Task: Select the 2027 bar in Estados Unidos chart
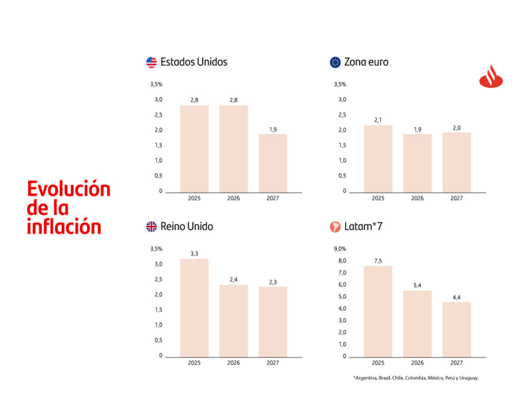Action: [x=273, y=163]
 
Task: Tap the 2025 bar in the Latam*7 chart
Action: [x=378, y=311]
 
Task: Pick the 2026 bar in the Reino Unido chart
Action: [x=234, y=320]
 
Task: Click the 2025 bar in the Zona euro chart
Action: [x=378, y=158]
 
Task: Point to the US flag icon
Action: [x=152, y=62]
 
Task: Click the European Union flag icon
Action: [x=335, y=62]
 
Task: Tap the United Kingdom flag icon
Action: [x=152, y=227]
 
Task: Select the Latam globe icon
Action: [x=335, y=227]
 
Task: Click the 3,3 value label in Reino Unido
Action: [x=194, y=253]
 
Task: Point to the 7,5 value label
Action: [x=378, y=260]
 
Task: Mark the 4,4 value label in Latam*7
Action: [x=457, y=297]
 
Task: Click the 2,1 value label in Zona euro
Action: [x=378, y=120]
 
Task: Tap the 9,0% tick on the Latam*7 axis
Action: [x=340, y=249]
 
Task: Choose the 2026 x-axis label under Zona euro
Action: [x=417, y=198]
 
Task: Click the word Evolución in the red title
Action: [x=69, y=189]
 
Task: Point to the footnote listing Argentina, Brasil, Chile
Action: [x=415, y=378]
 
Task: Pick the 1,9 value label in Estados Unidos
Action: [x=273, y=129]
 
